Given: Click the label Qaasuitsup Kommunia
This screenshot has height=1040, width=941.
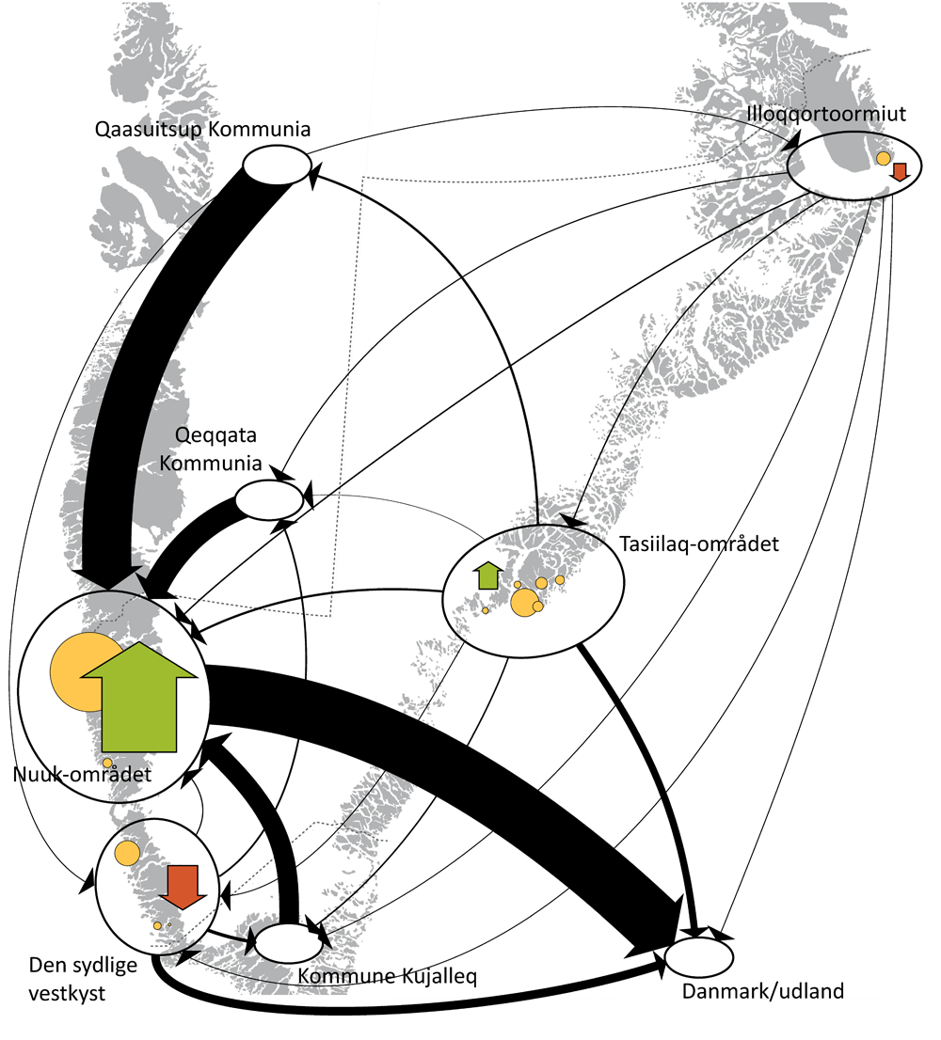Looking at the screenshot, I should pyautogui.click(x=202, y=130).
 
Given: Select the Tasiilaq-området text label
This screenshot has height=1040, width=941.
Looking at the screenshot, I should pyautogui.click(x=699, y=544).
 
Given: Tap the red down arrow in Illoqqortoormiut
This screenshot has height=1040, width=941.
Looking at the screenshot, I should pyautogui.click(x=900, y=170).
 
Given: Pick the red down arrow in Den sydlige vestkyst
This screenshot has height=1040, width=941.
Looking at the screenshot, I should pyautogui.click(x=183, y=886).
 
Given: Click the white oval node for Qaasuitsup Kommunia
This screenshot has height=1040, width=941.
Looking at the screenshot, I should pyautogui.click(x=277, y=166).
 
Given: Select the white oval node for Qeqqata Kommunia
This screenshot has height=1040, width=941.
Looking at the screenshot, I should pyautogui.click(x=268, y=499).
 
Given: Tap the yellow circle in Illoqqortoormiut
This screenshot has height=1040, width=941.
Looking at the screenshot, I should pyautogui.click(x=883, y=159).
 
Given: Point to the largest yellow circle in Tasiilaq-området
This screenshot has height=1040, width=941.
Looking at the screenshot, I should pyautogui.click(x=523, y=603).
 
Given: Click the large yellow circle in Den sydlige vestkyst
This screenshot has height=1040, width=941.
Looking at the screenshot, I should pyautogui.click(x=127, y=854).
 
